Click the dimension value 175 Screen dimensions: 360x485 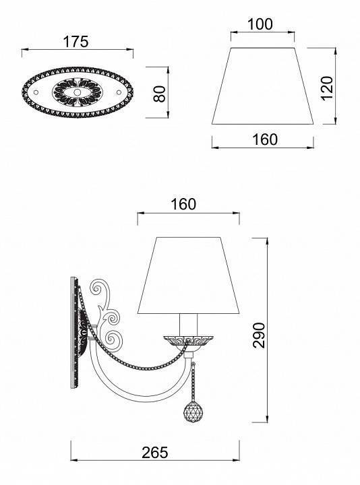(76, 42)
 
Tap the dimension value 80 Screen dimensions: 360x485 (160, 94)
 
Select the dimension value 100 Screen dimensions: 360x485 (260, 24)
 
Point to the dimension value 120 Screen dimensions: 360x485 (327, 88)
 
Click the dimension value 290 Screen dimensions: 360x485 (259, 335)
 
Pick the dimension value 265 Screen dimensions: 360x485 (155, 453)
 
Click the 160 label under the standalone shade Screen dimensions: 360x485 (265, 139)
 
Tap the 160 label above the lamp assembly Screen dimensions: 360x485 (183, 204)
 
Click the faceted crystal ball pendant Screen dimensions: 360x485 (192, 413)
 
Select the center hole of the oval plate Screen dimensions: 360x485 (77, 92)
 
